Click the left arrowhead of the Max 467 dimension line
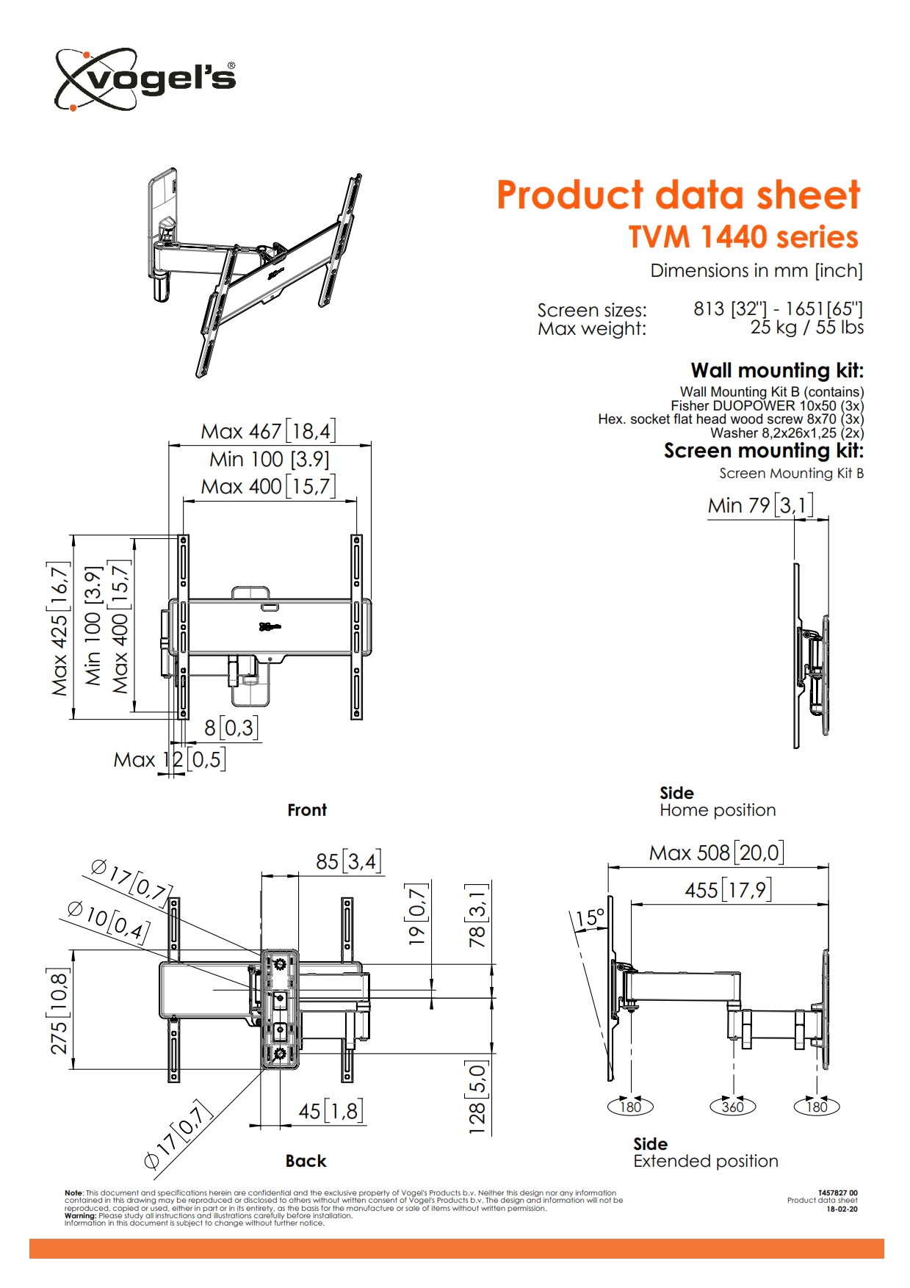tap(173, 444)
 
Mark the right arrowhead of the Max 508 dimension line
tap(823, 866)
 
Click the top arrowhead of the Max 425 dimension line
tap(73, 540)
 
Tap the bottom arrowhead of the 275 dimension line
tap(73, 1063)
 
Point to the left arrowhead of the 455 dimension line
tap(636, 905)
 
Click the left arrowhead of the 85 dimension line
tap(267, 875)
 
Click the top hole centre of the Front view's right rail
tap(356, 541)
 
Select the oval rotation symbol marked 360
tap(733, 1107)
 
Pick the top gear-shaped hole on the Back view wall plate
tap(279, 963)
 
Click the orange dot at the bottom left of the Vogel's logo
tap(73, 108)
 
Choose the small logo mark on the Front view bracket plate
tap(270, 626)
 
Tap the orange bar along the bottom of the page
tap(456, 1248)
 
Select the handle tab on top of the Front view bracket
tap(251, 593)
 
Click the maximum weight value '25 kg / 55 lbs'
tap(806, 328)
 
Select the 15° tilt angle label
tap(590, 919)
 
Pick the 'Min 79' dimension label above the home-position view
tap(759, 505)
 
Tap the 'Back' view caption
tap(306, 1161)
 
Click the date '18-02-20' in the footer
tap(842, 1209)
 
